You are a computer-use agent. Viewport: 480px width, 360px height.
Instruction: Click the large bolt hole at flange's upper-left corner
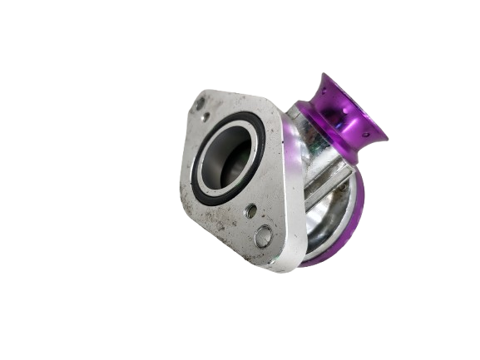pyautogui.click(x=200, y=104)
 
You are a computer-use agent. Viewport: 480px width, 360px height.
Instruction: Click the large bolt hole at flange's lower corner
pyautogui.click(x=263, y=237)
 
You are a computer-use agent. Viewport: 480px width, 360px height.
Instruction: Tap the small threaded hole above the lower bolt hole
pyautogui.click(x=250, y=213)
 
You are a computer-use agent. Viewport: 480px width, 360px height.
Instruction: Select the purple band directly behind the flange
pyautogui.click(x=290, y=137)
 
